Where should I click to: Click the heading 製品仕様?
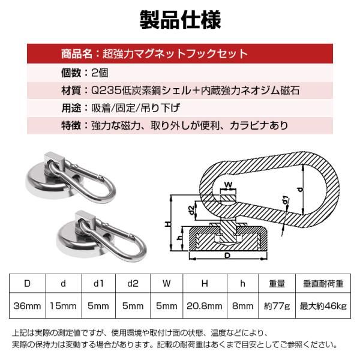[180, 20]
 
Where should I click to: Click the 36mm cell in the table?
[27, 306]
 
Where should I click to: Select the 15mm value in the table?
[64, 306]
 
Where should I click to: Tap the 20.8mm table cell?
[205, 306]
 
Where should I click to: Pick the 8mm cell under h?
[242, 306]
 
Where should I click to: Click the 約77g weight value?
[277, 306]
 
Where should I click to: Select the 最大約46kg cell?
[323, 306]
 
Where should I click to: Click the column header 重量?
[277, 284]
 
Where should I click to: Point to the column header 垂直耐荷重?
[323, 284]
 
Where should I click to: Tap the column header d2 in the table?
[133, 284]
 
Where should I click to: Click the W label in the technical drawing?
[228, 185]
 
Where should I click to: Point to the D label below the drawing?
[227, 256]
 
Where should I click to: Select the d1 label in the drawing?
[285, 200]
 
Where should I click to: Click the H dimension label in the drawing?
[168, 223]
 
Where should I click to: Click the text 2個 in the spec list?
[100, 73]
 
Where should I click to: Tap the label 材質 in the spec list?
[71, 91]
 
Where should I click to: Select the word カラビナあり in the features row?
[259, 125]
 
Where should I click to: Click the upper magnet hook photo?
[71, 177]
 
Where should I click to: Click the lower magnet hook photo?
[101, 236]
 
